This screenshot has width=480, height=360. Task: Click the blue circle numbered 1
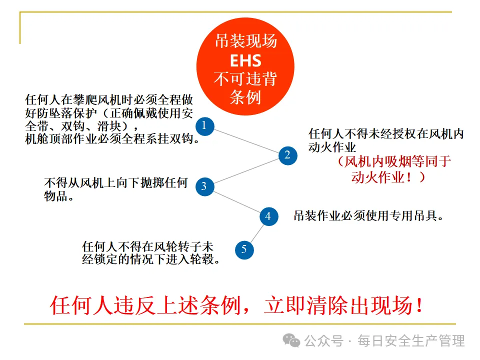[204, 125]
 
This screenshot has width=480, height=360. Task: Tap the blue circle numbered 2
[287, 155]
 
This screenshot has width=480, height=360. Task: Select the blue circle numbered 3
[204, 186]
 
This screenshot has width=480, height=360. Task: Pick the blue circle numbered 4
[268, 216]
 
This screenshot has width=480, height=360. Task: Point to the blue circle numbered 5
[244, 249]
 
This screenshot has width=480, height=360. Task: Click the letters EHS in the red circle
[245, 61]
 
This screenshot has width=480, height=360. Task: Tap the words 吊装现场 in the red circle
[245, 41]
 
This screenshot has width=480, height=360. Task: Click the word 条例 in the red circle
[245, 96]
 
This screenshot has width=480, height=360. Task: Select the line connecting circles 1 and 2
[245, 140]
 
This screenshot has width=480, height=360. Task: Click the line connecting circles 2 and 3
[245, 171]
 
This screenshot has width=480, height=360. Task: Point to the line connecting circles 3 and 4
[236, 201]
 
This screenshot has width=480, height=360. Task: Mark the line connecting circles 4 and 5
[256, 232]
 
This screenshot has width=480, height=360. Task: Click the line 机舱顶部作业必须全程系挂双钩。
[113, 139]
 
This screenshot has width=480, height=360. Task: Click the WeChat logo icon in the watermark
[291, 340]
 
